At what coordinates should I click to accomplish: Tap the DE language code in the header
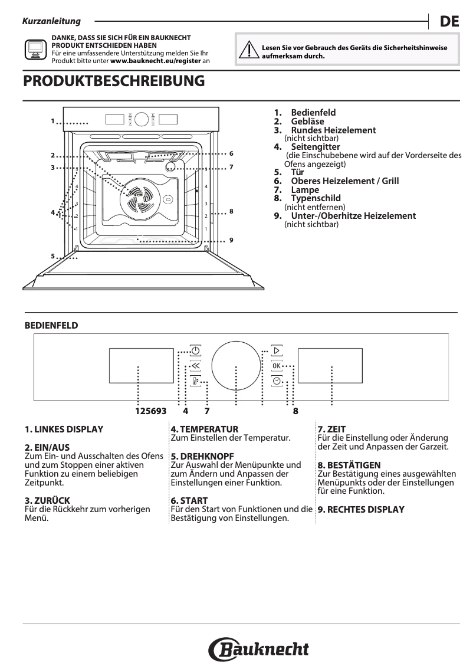coord(449,22)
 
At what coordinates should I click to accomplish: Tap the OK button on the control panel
coord(277,366)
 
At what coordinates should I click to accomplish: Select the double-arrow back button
coord(195,366)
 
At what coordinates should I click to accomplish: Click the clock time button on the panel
coord(277,381)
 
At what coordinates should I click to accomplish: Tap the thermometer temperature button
coord(195,381)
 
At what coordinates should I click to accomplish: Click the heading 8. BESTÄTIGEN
coord(349,465)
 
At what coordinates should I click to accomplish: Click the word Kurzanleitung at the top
coord(51,22)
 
